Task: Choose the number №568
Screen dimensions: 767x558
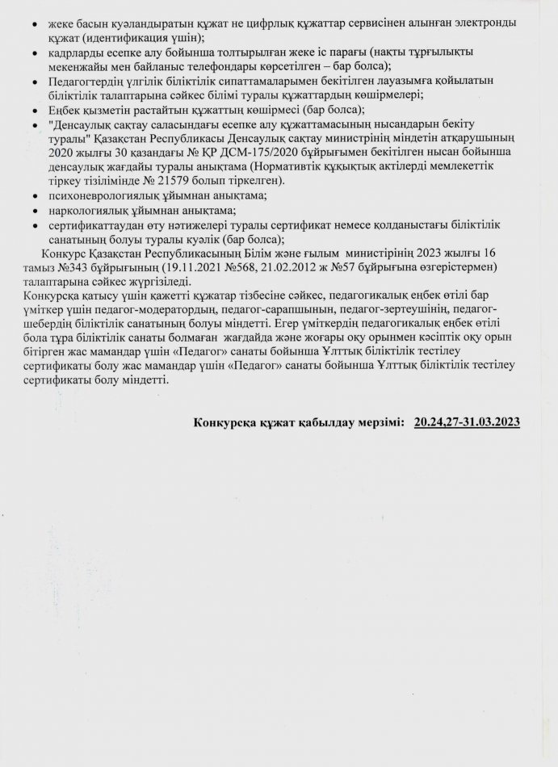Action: (x=244, y=266)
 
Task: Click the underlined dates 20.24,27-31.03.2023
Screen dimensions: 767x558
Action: (x=466, y=421)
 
